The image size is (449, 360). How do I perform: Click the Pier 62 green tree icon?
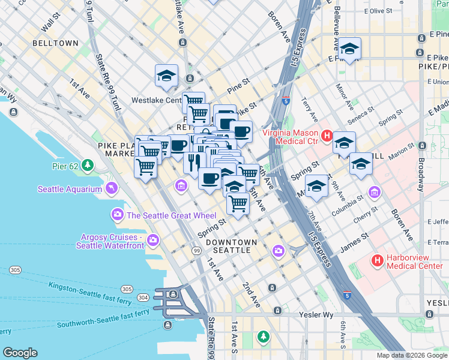pos(88,164)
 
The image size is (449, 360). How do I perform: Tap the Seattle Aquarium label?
pos(70,190)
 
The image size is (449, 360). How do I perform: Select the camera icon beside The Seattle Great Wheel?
pos(116,215)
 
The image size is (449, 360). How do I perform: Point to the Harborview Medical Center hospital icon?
pos(377,260)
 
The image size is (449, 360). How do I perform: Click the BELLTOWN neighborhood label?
pos(55,44)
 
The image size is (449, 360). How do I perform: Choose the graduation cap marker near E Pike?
pos(349,49)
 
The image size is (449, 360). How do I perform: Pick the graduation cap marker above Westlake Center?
pos(166,76)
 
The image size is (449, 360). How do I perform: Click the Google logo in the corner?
pos(20,353)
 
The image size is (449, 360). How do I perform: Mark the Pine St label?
pos(238,85)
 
